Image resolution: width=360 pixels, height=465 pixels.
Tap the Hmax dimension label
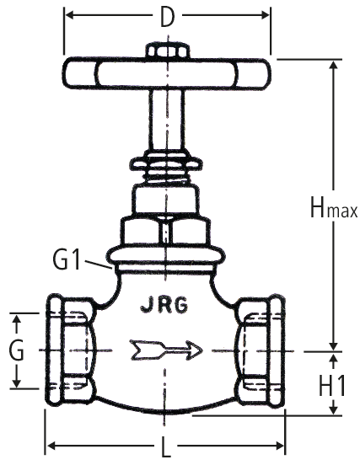[334, 206]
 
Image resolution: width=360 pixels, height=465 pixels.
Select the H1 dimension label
[332, 386]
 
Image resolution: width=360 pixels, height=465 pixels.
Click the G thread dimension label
[16, 350]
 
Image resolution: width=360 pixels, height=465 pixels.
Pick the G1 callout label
[67, 259]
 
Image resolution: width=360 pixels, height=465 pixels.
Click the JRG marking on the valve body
[164, 305]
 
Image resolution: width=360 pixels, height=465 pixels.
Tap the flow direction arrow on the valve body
[166, 350]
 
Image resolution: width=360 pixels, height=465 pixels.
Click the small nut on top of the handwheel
[168, 51]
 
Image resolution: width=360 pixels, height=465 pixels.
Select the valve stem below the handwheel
[167, 120]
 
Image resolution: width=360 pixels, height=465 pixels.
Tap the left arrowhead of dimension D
[69, 15]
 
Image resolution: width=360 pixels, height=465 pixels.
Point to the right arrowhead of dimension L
[280, 446]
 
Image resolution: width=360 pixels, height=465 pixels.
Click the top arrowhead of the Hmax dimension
[334, 65]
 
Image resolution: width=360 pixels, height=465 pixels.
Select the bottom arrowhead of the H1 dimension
[334, 410]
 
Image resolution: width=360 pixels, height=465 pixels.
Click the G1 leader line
[99, 265]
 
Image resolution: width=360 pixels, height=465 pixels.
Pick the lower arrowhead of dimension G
[17, 382]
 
